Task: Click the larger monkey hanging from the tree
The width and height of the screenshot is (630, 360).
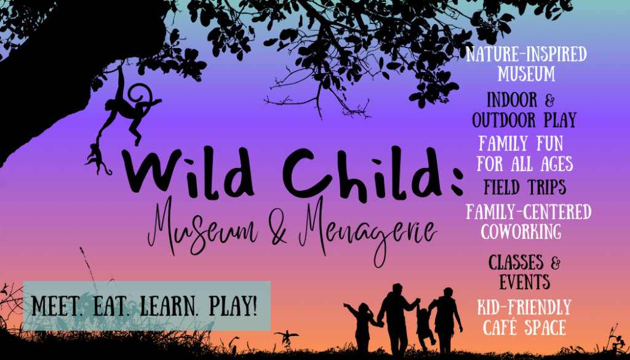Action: [129, 108]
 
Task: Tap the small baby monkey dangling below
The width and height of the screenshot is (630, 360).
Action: [97, 159]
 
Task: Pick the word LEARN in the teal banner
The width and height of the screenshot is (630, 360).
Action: [170, 307]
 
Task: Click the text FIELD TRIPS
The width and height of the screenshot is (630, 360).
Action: [525, 187]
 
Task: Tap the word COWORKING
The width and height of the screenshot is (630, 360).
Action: [521, 231]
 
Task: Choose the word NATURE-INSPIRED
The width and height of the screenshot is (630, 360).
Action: [527, 54]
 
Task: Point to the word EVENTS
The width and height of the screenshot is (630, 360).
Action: [524, 282]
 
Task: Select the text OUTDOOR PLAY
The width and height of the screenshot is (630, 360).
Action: [524, 119]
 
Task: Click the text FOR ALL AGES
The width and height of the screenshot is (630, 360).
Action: [525, 164]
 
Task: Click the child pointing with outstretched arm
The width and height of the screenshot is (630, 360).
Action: [363, 326]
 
